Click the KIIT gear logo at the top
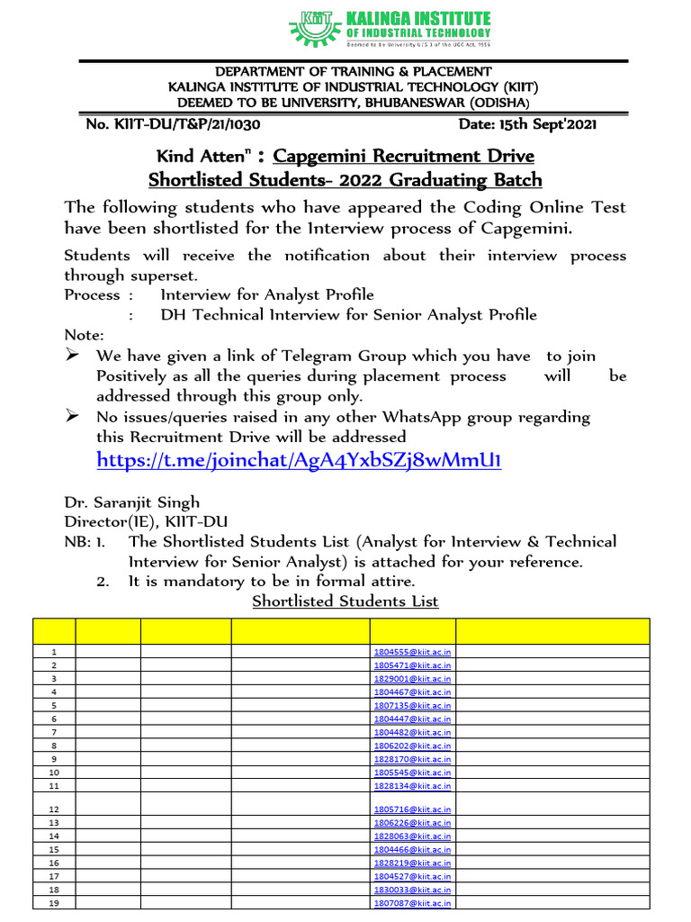pyautogui.click(x=310, y=26)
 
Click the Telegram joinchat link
pyautogui.click(x=298, y=461)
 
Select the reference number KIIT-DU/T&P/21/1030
pyautogui.click(x=173, y=124)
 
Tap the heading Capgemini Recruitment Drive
pyautogui.click(x=403, y=156)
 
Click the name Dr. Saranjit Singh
pyautogui.click(x=132, y=502)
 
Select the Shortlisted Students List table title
pyautogui.click(x=345, y=601)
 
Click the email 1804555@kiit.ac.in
pyautogui.click(x=412, y=651)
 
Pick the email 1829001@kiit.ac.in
pyautogui.click(x=412, y=678)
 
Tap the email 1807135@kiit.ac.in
pyautogui.click(x=412, y=705)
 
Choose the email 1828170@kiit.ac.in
pyautogui.click(x=412, y=759)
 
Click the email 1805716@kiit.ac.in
pyautogui.click(x=412, y=809)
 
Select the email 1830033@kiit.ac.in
pyautogui.click(x=412, y=890)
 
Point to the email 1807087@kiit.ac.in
pyautogui.click(x=412, y=903)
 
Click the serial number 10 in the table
pyautogui.click(x=54, y=773)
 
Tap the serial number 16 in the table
pyautogui.click(x=54, y=863)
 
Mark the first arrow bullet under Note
pyautogui.click(x=73, y=356)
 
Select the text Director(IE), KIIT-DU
pyautogui.click(x=146, y=522)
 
